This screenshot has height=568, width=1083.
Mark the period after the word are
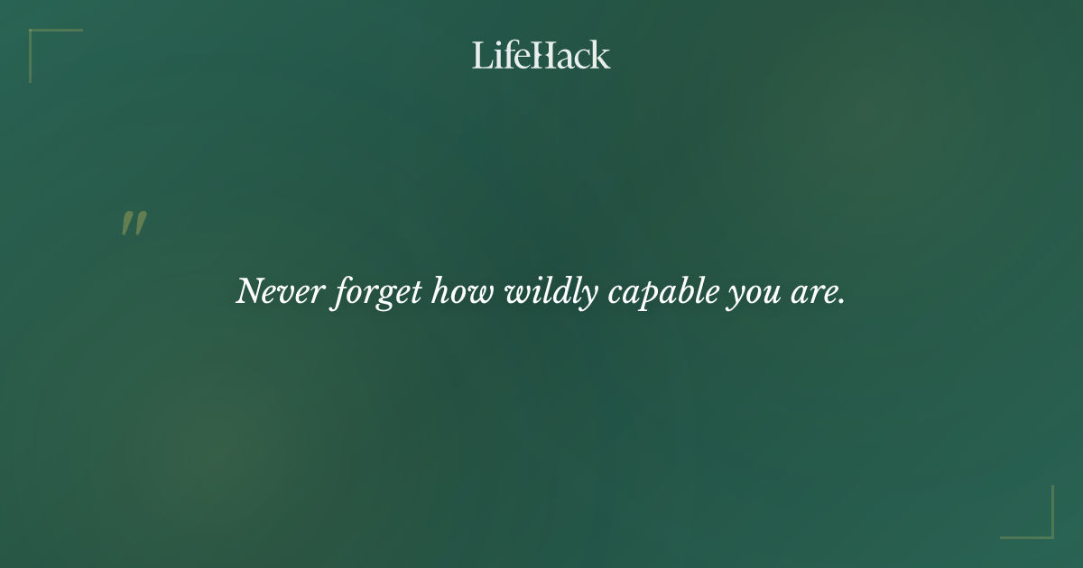point(841,302)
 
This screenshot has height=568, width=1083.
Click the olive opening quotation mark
point(134,224)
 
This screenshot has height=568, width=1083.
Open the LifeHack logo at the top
point(541,55)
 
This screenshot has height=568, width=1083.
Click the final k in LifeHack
point(601,55)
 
